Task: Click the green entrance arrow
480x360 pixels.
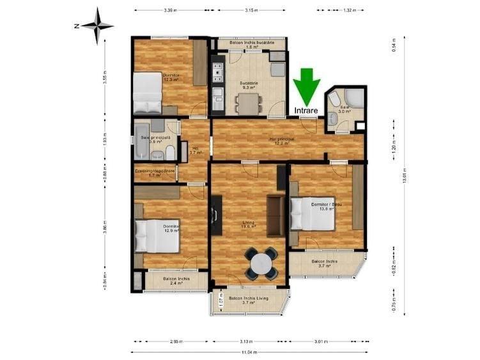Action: [x=307, y=86]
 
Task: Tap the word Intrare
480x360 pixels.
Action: [x=307, y=111]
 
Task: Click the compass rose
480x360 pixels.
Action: [x=97, y=26]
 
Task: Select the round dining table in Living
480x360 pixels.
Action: [x=261, y=263]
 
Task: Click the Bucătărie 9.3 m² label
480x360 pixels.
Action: [x=249, y=85]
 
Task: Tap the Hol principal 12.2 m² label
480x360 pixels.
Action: [x=281, y=141]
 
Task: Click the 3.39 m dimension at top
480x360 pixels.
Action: [x=170, y=10]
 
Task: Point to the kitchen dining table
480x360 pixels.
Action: [x=247, y=102]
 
